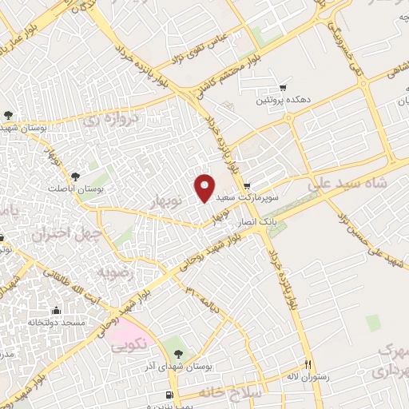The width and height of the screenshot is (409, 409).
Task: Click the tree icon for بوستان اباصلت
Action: (75, 174)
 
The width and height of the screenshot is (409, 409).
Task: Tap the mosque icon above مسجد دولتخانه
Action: (56, 310)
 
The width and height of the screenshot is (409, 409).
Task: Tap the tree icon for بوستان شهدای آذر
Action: (177, 352)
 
